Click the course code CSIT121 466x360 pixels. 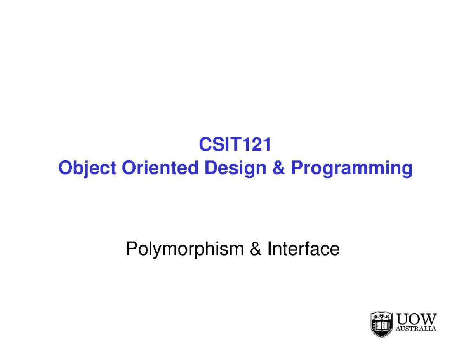(x=235, y=145)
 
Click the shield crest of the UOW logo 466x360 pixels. (x=381, y=324)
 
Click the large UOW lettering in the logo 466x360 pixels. (x=416, y=319)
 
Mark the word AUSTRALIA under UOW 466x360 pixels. (x=416, y=329)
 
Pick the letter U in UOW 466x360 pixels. (x=402, y=319)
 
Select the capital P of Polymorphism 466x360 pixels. (x=131, y=249)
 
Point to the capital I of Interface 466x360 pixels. (x=269, y=249)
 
